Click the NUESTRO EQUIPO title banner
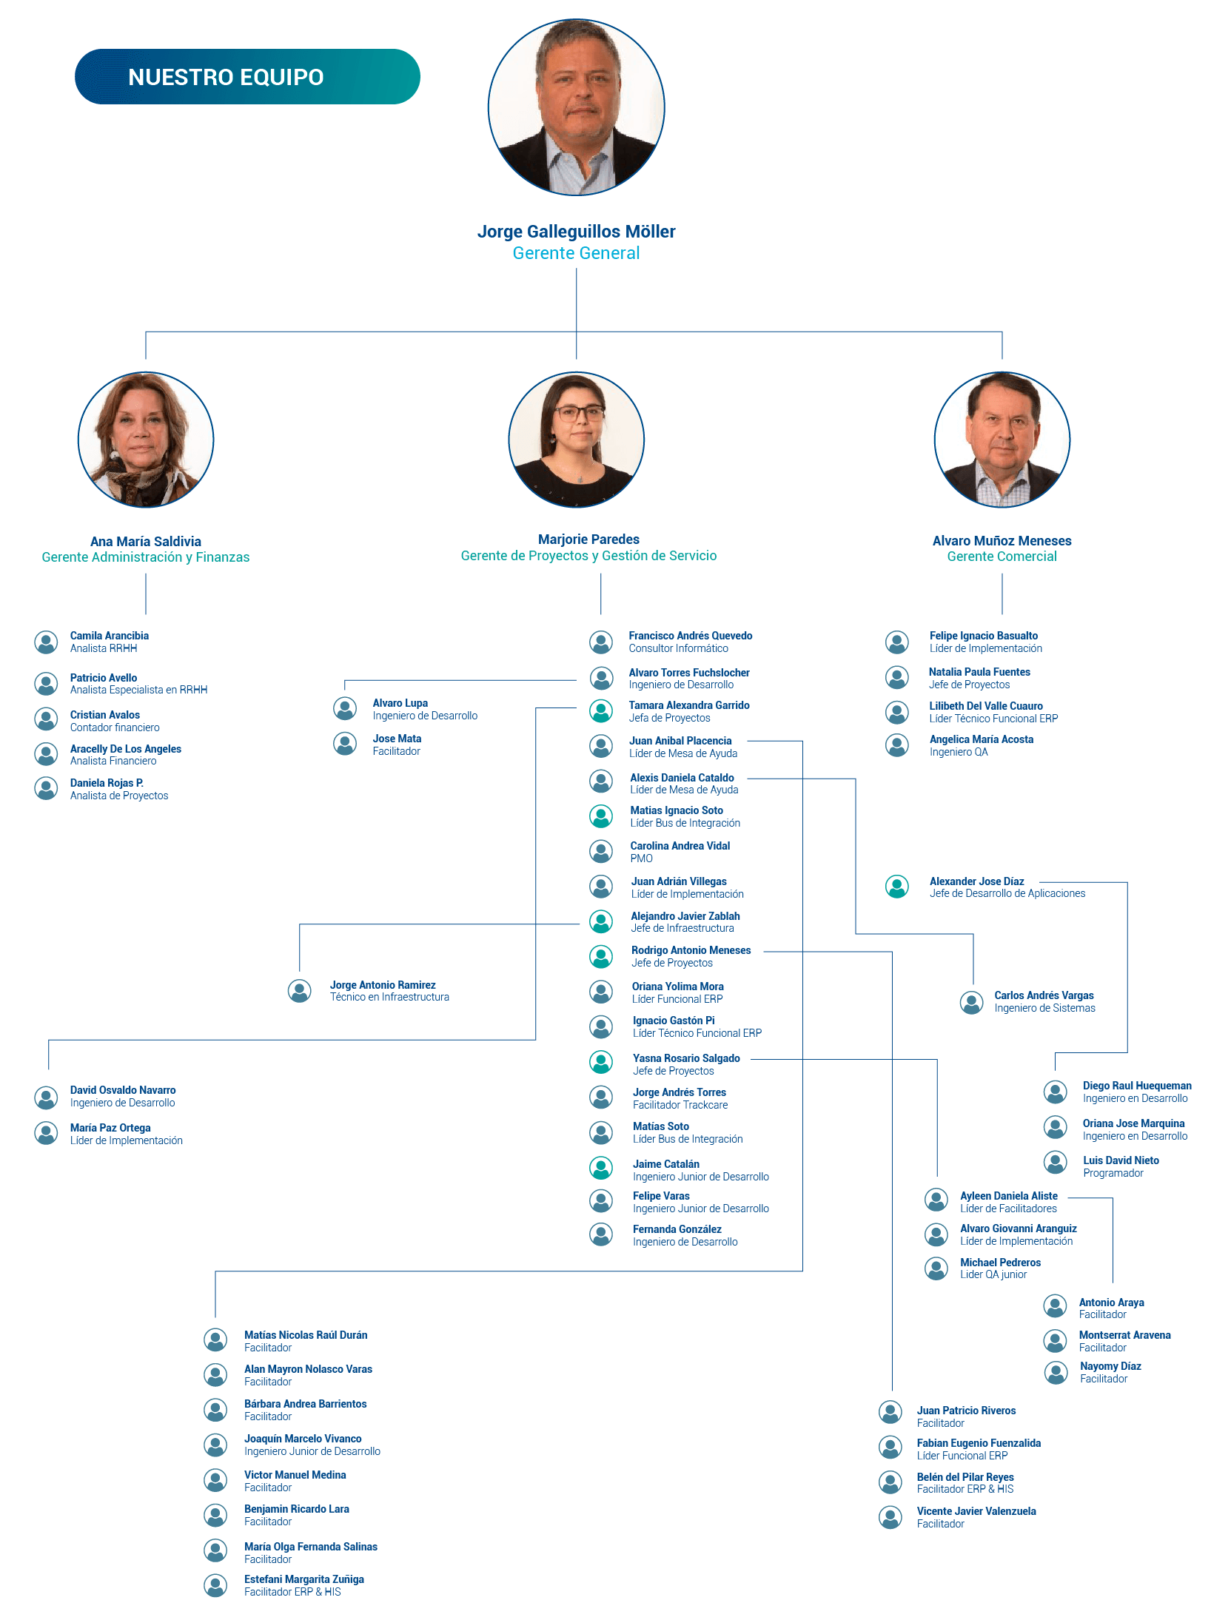tap(247, 77)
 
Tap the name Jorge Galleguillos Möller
tap(576, 232)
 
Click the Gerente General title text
tap(576, 253)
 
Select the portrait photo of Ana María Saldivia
tap(146, 440)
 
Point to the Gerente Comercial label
tap(1002, 557)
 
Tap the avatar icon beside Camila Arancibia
tap(46, 642)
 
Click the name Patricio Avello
tap(104, 678)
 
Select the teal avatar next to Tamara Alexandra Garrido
tap(601, 711)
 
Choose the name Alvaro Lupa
tap(400, 703)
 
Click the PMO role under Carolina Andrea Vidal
tap(642, 858)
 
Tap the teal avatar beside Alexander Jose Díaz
tap(897, 887)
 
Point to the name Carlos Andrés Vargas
tap(1044, 995)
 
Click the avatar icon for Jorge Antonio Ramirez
tap(300, 991)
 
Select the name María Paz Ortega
tap(110, 1128)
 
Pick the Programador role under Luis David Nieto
tap(1113, 1173)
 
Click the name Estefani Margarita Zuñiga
tap(304, 1579)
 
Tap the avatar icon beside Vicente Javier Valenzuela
tap(890, 1517)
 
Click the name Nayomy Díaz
tap(1110, 1366)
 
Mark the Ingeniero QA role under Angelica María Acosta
tap(959, 752)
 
